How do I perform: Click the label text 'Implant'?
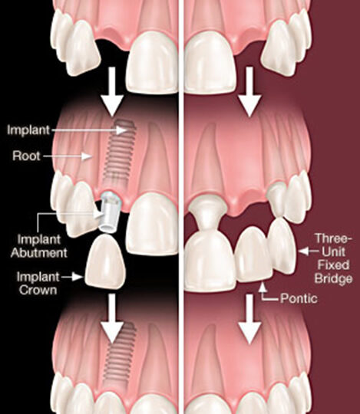pos(28,130)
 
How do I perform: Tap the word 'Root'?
pos(26,156)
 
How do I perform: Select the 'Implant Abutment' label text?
pos(39,246)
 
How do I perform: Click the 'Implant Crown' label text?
pos(38,284)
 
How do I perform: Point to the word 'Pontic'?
pos(299,299)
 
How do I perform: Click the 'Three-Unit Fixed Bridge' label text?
pos(334,258)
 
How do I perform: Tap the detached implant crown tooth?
pos(105,261)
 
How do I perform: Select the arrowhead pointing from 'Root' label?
pos(87,156)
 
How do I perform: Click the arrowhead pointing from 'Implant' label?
pos(122,130)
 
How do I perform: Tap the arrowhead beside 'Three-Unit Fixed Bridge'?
pos(304,251)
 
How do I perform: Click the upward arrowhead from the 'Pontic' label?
pos(262,287)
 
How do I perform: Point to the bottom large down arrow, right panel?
pos(249,320)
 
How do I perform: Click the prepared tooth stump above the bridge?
pos(209,215)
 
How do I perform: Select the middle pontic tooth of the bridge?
pos(253,254)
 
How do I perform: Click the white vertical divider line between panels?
pos(181,207)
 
